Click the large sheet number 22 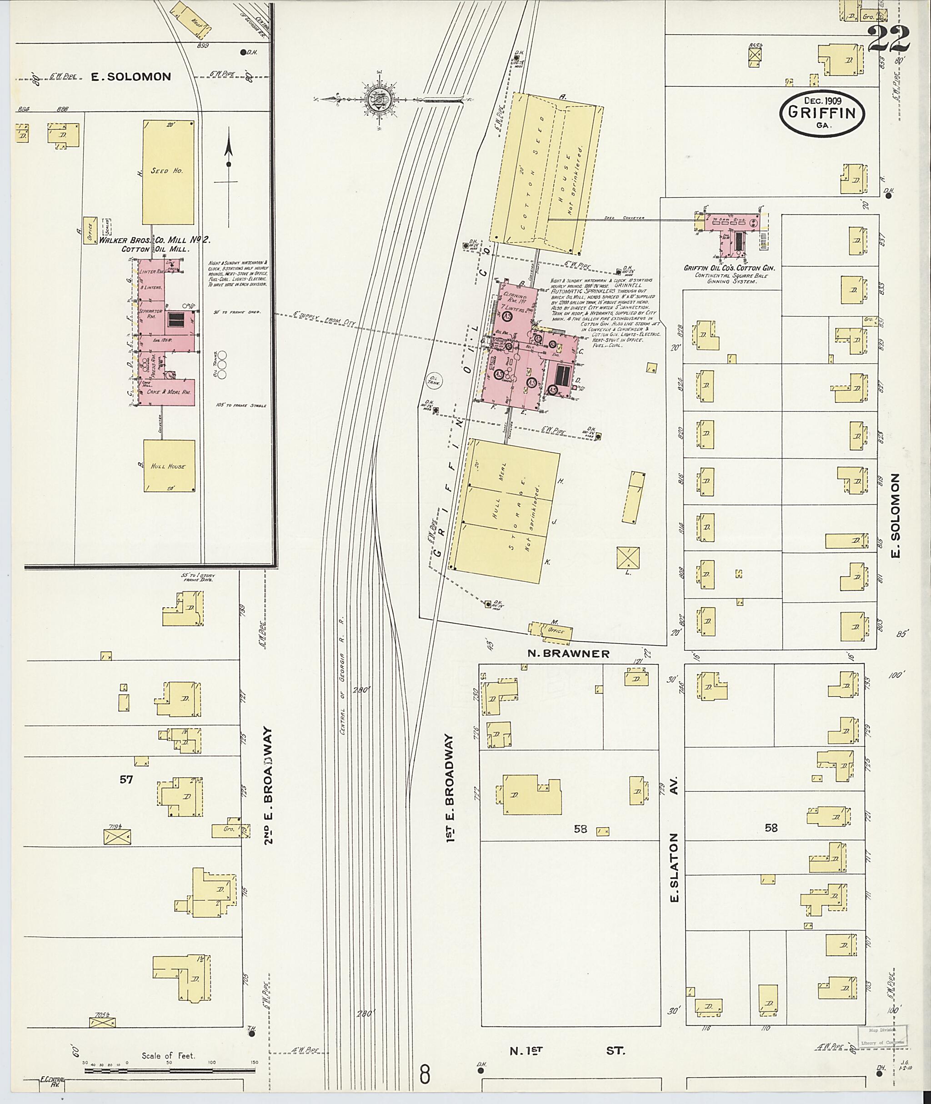[x=889, y=39]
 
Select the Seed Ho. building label [x=167, y=171]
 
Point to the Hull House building [x=169, y=466]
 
